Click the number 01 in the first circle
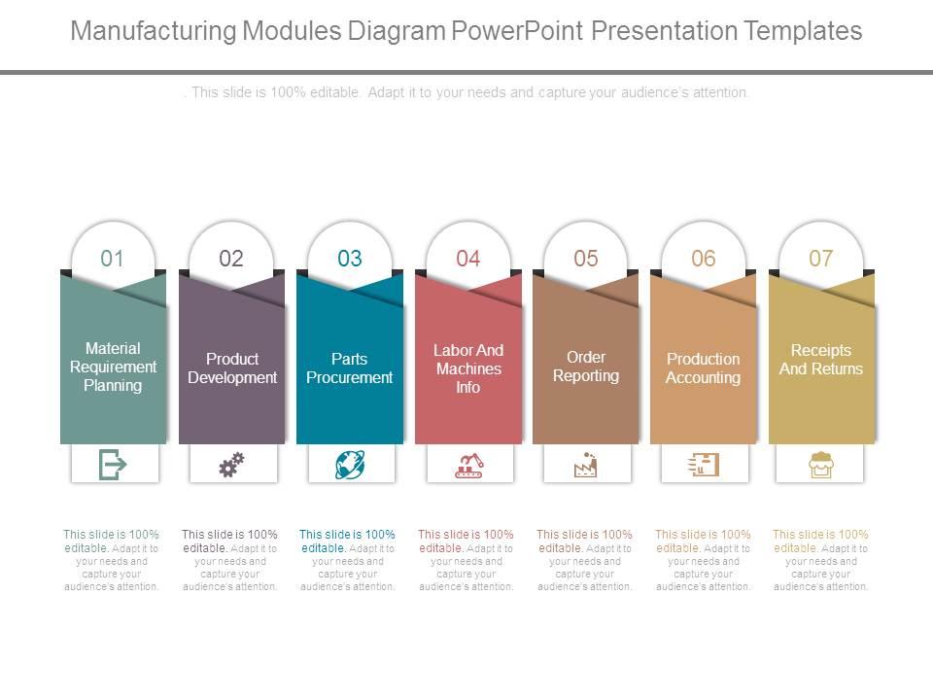pyautogui.click(x=113, y=258)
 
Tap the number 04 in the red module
pyautogui.click(x=468, y=258)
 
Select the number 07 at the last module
pyautogui.click(x=821, y=258)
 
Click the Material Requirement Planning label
pyautogui.click(x=113, y=367)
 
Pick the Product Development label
pyautogui.click(x=231, y=368)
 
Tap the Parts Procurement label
pyautogui.click(x=350, y=368)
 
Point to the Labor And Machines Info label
pyautogui.click(x=468, y=368)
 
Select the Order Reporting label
pyautogui.click(x=586, y=367)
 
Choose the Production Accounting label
pyautogui.click(x=703, y=368)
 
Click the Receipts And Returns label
pyautogui.click(x=821, y=360)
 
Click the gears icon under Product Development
pyautogui.click(x=231, y=466)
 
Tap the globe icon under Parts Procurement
pyautogui.click(x=350, y=466)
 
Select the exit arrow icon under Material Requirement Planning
pyautogui.click(x=113, y=466)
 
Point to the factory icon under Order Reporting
pyautogui.click(x=585, y=466)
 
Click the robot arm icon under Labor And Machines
pyautogui.click(x=468, y=466)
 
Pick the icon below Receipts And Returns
pyautogui.click(x=821, y=467)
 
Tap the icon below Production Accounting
pyautogui.click(x=704, y=466)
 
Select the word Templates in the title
pyautogui.click(x=803, y=31)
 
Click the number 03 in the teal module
pyautogui.click(x=350, y=258)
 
